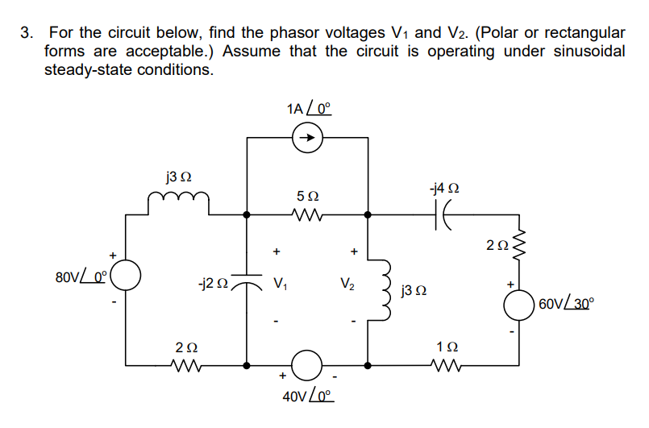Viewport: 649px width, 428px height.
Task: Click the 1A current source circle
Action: [x=307, y=139]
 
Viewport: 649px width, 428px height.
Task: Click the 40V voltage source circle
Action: [x=307, y=365]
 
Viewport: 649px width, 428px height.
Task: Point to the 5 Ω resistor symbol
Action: [x=306, y=215]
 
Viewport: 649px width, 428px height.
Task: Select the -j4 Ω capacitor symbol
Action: [x=444, y=215]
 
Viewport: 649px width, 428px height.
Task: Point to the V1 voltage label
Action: [x=280, y=284]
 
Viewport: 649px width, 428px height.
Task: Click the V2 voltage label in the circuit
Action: [x=347, y=284]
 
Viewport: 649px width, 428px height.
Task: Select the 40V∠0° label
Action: [x=307, y=397]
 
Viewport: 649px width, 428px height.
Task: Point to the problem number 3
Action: [x=27, y=33]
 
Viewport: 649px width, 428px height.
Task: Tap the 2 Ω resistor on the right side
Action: [x=521, y=245]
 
